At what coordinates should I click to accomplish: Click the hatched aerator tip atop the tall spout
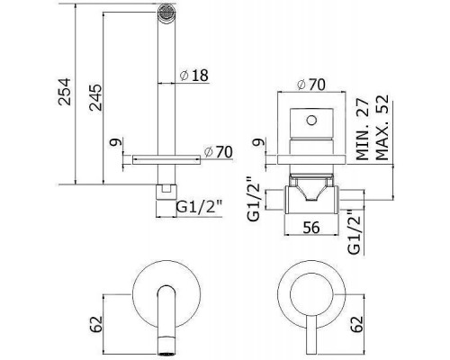coord(164,13)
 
